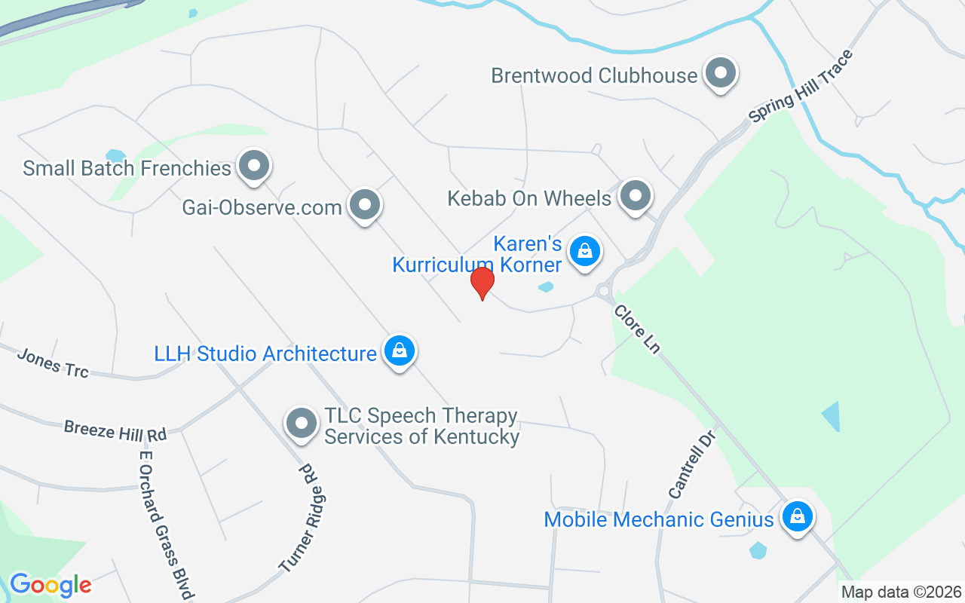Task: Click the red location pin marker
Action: tap(482, 283)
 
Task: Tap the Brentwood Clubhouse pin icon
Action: tap(721, 74)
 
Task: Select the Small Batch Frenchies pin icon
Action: tap(254, 166)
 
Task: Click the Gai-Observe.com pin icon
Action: tap(366, 204)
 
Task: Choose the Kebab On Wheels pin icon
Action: tap(635, 196)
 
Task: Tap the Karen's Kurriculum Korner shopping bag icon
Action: tap(584, 251)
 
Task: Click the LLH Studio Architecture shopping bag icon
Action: tap(400, 350)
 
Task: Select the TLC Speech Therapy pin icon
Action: tap(302, 424)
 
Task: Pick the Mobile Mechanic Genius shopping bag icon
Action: tap(796, 518)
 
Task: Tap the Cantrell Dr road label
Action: tap(691, 463)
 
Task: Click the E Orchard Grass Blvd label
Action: tap(162, 525)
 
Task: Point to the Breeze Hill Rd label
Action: tap(115, 431)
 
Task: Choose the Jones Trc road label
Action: tap(53, 363)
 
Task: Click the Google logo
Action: tap(51, 585)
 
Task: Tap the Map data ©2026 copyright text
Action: tap(902, 592)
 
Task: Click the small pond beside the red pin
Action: tap(546, 287)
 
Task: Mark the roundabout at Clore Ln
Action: tap(603, 290)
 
